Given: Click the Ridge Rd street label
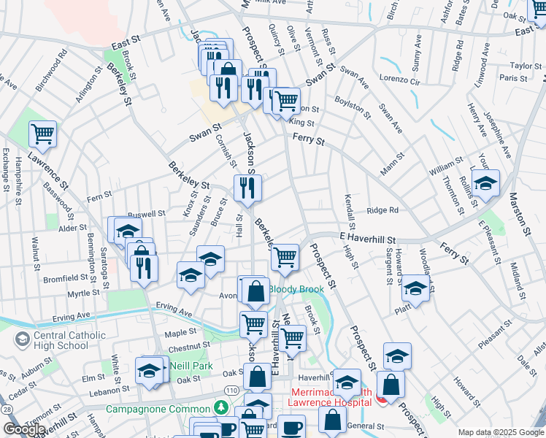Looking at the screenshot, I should pos(382,210).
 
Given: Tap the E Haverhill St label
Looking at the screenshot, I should pos(367,239).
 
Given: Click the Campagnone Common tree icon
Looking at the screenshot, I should pos(220,407).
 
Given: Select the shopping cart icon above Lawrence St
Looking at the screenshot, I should pos(43,134).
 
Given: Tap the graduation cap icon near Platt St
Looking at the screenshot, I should pos(415,288).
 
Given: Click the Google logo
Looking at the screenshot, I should pos(25,429).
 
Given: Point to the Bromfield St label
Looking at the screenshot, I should pos(67,278).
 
